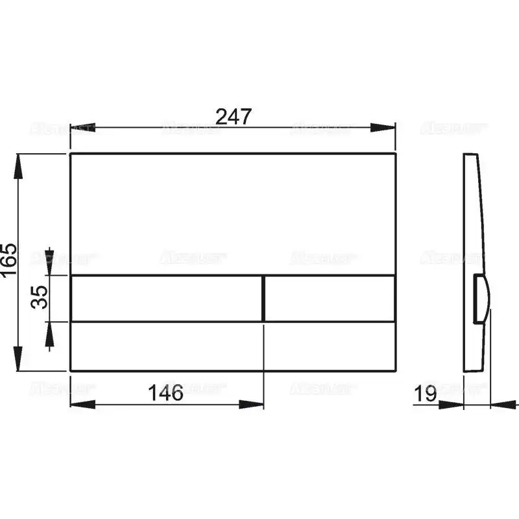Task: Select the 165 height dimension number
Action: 8,262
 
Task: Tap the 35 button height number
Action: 40,297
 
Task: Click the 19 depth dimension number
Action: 426,393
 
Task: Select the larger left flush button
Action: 166,298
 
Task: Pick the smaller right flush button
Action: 330,298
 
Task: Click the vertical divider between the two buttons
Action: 263,298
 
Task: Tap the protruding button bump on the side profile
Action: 482,298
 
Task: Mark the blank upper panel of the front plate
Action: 232,214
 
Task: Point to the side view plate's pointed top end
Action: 470,156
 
